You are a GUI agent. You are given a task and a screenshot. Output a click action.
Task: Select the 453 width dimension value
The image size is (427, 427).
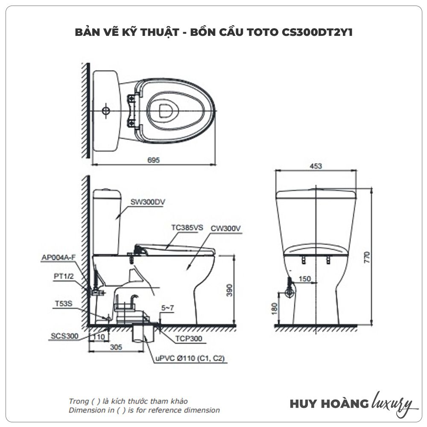(316, 166)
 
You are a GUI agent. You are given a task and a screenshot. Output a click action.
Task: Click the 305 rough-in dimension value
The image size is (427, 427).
(116, 347)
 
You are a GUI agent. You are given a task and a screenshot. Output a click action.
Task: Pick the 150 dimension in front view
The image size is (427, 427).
(304, 279)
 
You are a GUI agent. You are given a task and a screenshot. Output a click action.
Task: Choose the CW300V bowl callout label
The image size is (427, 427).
(226, 228)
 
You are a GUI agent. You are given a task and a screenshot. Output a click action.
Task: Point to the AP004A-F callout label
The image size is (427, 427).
(58, 257)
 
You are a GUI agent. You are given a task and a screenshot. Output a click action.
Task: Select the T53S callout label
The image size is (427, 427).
(64, 304)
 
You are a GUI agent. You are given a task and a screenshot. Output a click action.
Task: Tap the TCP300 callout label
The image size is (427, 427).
(188, 339)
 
